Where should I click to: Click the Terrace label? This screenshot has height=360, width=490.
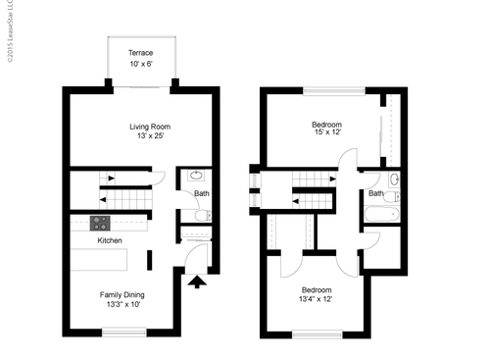point(141,53)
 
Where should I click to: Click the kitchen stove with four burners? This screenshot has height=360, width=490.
point(100,223)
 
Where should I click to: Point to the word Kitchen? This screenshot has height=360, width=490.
point(109,240)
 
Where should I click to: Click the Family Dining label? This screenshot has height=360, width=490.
point(123,293)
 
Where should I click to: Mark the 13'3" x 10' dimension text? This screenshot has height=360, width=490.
point(123,304)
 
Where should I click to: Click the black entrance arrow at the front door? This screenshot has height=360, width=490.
point(196,283)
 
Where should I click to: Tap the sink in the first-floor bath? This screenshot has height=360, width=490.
point(195,178)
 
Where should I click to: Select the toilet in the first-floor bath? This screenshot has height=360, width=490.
point(202,214)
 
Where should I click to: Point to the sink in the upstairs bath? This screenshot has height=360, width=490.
point(394,180)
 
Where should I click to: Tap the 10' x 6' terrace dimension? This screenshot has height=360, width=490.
point(141,65)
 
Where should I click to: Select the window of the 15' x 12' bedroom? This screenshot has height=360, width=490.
point(327,91)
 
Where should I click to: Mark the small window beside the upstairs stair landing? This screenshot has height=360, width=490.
point(254,190)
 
